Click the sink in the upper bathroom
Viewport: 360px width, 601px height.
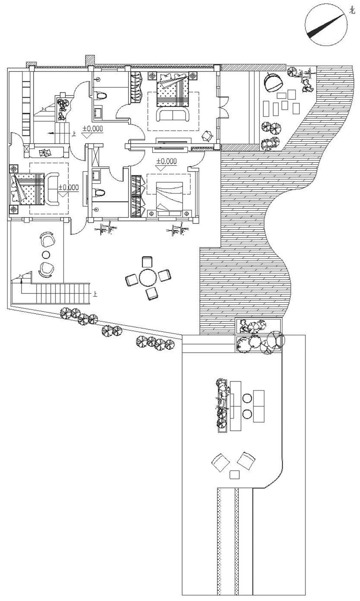pos(98,112)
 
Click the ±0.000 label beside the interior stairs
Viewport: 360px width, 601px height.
pos(92,128)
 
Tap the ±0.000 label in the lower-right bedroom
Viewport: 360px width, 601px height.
pos(166,162)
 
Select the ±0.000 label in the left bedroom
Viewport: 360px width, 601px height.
pos(68,187)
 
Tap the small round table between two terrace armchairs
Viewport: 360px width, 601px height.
pos(46,254)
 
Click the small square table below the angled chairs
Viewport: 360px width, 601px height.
pos(235,474)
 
